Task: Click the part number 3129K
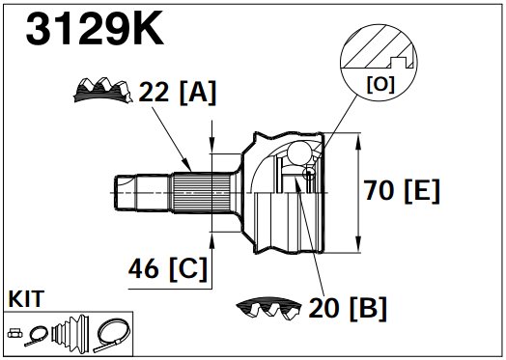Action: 95,28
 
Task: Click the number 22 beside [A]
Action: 154,92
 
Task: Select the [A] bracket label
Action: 198,93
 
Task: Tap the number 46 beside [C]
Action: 144,268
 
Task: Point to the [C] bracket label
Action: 187,268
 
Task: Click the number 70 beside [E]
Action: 379,190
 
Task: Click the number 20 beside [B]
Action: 323,308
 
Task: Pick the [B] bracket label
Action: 368,308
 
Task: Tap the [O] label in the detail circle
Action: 380,85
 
